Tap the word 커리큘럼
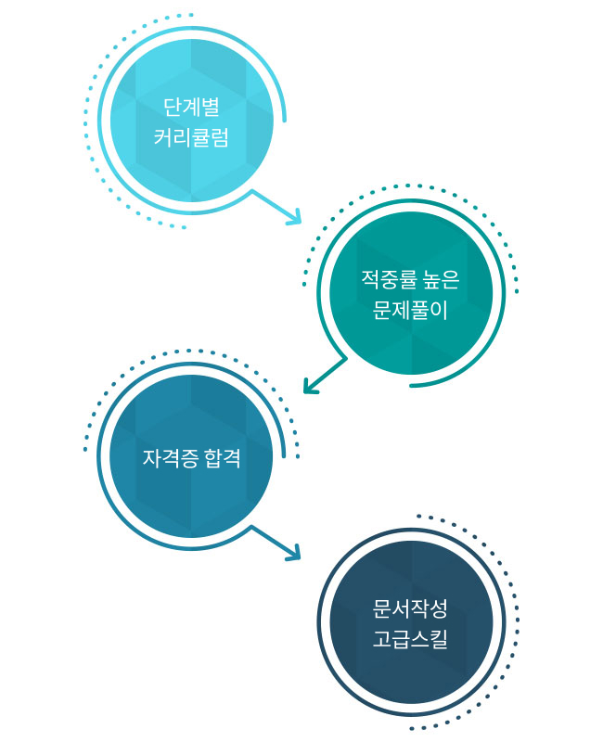191,138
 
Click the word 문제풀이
411,311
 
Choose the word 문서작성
411,608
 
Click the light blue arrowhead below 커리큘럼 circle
295,219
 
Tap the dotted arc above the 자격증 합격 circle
186,352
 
